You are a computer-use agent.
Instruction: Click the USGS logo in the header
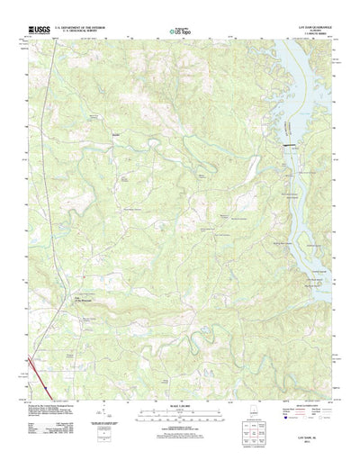tap(41, 30)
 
